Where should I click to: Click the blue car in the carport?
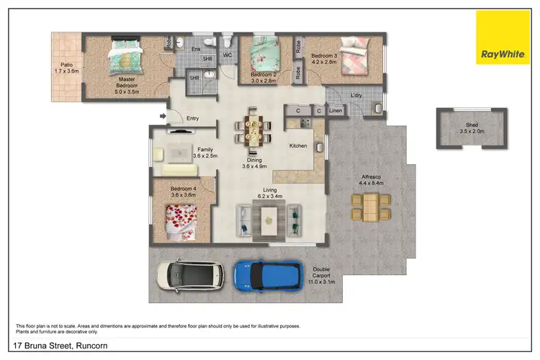pos(269,274)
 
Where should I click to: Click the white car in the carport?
pos(189,274)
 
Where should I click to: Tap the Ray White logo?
pos(502,37)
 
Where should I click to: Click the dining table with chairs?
pos(253,129)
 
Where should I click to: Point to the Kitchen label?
pos(298,145)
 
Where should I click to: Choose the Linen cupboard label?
pos(336,111)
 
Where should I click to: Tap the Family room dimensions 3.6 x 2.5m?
pos(205,156)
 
